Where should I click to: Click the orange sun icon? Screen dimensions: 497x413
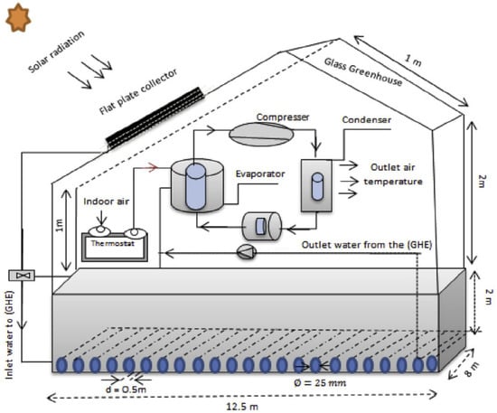pos(18,17)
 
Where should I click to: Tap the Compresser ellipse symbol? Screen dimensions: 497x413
pos(261,135)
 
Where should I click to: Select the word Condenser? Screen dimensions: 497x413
pos(366,120)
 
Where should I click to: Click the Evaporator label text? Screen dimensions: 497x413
pos(260,174)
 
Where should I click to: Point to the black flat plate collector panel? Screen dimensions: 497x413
pos(155,118)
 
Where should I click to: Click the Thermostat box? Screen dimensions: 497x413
pos(115,248)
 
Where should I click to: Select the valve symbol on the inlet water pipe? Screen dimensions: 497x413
pos(22,276)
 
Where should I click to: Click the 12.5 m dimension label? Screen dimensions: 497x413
pos(242,407)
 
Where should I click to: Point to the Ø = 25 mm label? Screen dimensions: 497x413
pos(320,383)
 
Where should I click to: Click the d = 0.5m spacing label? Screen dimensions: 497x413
pos(127,390)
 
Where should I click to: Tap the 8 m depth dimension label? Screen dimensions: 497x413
pos(472,369)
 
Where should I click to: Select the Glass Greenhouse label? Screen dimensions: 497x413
pos(363,71)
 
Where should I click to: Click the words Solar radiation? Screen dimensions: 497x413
pos(56,52)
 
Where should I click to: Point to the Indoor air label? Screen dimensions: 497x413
pos(107,202)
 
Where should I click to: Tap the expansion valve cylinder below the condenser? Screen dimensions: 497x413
pos(262,226)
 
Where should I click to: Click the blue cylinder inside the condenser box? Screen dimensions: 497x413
pos(317,187)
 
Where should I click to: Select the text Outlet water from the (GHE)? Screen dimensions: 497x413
pos(367,245)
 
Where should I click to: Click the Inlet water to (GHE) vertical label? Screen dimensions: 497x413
pos(10,334)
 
